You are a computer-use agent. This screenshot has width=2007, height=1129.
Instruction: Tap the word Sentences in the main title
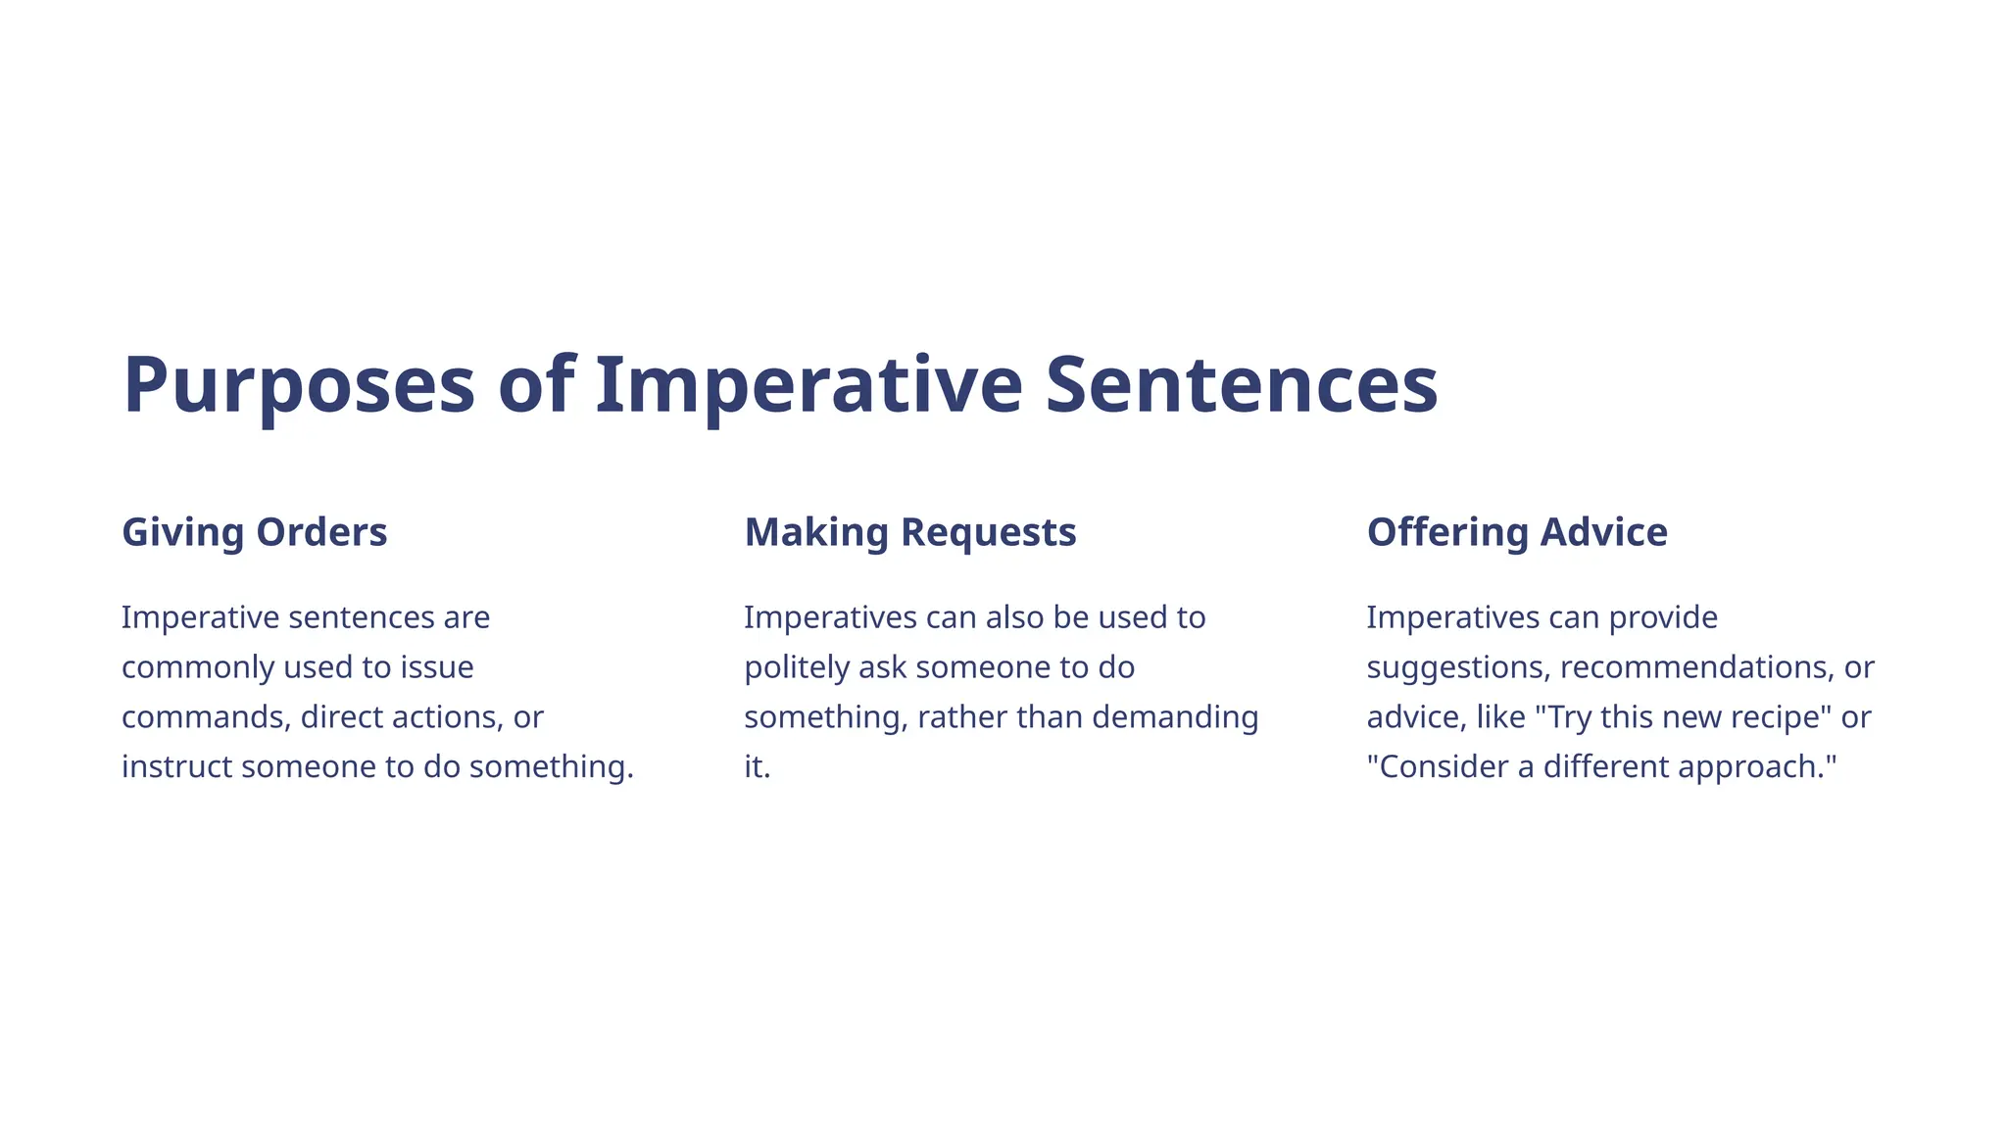pos(1241,385)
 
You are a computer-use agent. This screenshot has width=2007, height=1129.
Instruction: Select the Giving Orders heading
pos(255,532)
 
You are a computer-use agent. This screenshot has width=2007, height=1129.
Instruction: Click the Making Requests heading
pos(909,532)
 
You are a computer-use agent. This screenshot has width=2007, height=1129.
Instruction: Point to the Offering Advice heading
pos(1516,532)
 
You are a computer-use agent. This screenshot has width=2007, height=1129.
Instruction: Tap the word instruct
pos(177,766)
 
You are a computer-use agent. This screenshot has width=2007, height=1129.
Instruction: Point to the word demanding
pos(1175,717)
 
